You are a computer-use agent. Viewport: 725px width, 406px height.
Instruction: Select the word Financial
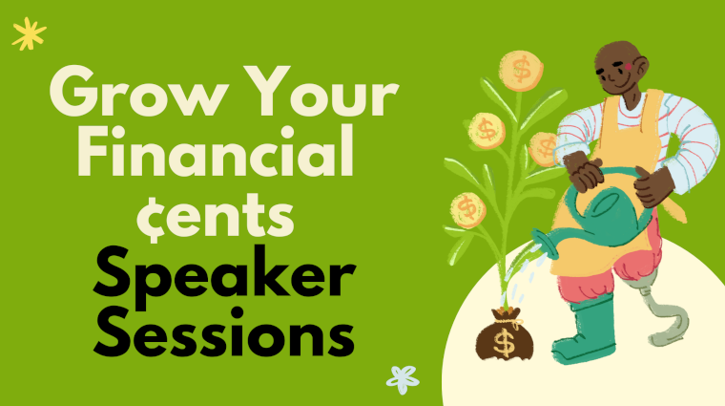pyautogui.click(x=216, y=151)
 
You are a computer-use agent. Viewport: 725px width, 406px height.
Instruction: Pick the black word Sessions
pyautogui.click(x=224, y=331)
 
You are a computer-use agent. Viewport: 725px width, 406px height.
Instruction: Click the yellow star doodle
pyautogui.click(x=29, y=33)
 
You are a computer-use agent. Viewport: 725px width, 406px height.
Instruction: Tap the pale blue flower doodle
pyautogui.click(x=403, y=379)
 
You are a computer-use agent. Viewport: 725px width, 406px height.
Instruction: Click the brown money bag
pyautogui.click(x=505, y=333)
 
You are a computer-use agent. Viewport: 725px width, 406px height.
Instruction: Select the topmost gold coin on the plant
pyautogui.click(x=521, y=71)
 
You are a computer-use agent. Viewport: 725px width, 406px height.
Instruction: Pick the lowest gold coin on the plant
pyautogui.click(x=468, y=210)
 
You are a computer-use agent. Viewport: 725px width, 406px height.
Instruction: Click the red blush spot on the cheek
pyautogui.click(x=628, y=67)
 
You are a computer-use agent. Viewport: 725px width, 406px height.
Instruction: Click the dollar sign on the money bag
pyautogui.click(x=504, y=342)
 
